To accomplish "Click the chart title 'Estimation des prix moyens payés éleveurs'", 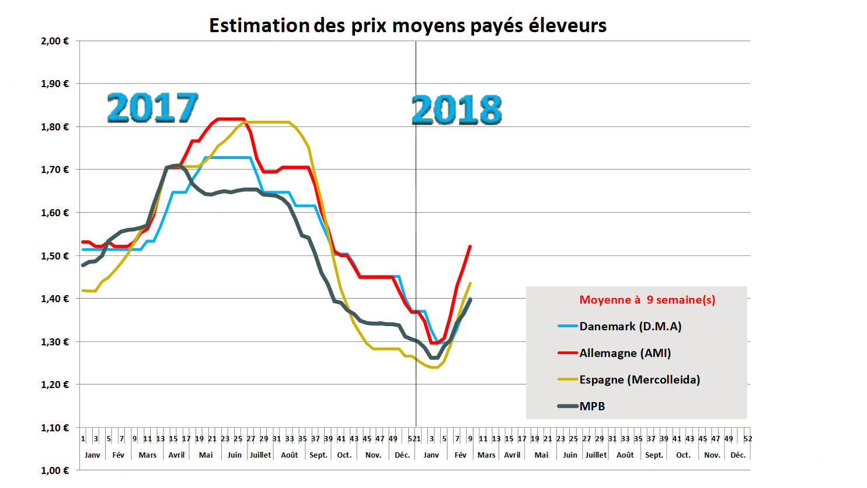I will tap(408, 26).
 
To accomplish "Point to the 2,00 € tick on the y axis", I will tap(55, 41).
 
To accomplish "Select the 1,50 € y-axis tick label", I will tap(55, 256).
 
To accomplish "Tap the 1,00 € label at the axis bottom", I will tap(55, 470).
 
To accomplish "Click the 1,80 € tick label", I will tap(55, 127).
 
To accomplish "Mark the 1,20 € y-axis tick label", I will tap(55, 385).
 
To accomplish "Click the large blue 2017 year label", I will tap(152, 108).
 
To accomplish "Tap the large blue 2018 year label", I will tap(457, 110).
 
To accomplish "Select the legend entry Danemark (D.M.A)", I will tap(630, 326).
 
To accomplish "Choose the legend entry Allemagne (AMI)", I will tap(625, 353).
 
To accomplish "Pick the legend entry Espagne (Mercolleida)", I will tap(639, 380).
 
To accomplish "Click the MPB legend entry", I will tap(592, 406).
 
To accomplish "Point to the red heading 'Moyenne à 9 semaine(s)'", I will tap(647, 300).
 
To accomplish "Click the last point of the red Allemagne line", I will tap(470, 247).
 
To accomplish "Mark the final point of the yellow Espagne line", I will tap(471, 283).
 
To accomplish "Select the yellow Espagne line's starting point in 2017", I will tap(83, 290).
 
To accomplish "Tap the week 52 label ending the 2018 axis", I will tap(748, 438).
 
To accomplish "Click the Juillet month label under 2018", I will tap(596, 455).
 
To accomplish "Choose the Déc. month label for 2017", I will tap(402, 455).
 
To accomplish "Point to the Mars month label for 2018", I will tap(486, 455).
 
